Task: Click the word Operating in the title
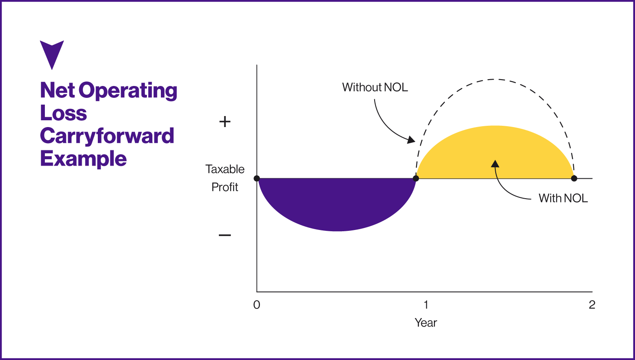(128, 91)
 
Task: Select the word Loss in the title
(63, 113)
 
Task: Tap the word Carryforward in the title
(107, 136)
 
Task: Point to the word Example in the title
(83, 159)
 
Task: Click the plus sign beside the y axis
(225, 122)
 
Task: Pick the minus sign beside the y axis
(225, 235)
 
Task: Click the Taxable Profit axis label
(225, 178)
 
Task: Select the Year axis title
(425, 323)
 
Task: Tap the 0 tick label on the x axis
(257, 305)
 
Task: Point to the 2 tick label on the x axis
(592, 305)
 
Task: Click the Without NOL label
(375, 87)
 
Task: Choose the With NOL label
(563, 198)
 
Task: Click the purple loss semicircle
(337, 203)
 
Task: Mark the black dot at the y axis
(257, 178)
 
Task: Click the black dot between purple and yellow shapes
(416, 178)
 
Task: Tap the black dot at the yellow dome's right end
(574, 178)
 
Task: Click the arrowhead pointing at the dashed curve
(411, 140)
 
